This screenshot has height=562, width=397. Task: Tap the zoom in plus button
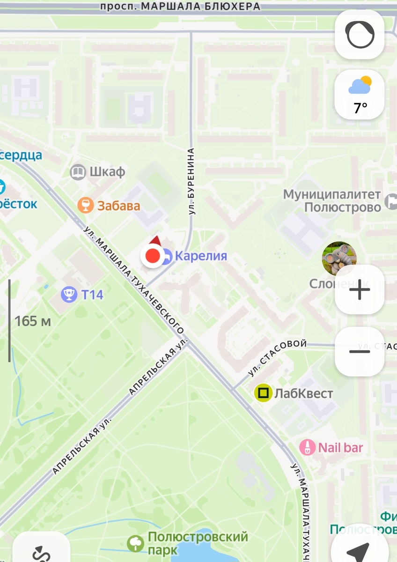(x=360, y=290)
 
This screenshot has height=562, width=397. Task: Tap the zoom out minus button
(x=360, y=351)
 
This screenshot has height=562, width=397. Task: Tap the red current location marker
(x=152, y=256)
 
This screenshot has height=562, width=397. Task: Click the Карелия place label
(x=200, y=256)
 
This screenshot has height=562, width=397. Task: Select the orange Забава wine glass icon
(x=85, y=205)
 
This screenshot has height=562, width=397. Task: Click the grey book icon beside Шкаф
(x=78, y=172)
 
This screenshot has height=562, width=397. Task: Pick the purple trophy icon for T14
(x=69, y=295)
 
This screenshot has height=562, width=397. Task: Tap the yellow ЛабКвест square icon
(x=263, y=393)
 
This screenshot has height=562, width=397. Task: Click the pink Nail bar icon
(x=307, y=447)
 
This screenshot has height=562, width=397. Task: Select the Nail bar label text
(x=340, y=447)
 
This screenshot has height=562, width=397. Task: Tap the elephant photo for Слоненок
(x=339, y=259)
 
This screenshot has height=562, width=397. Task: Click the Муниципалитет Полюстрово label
(x=332, y=200)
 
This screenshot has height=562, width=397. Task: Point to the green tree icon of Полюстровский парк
(x=136, y=543)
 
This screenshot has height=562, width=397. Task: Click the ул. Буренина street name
(x=191, y=181)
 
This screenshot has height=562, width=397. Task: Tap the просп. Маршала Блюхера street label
(x=180, y=7)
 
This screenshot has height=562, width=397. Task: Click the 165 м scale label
(x=33, y=321)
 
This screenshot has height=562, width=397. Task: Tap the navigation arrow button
(x=359, y=551)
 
